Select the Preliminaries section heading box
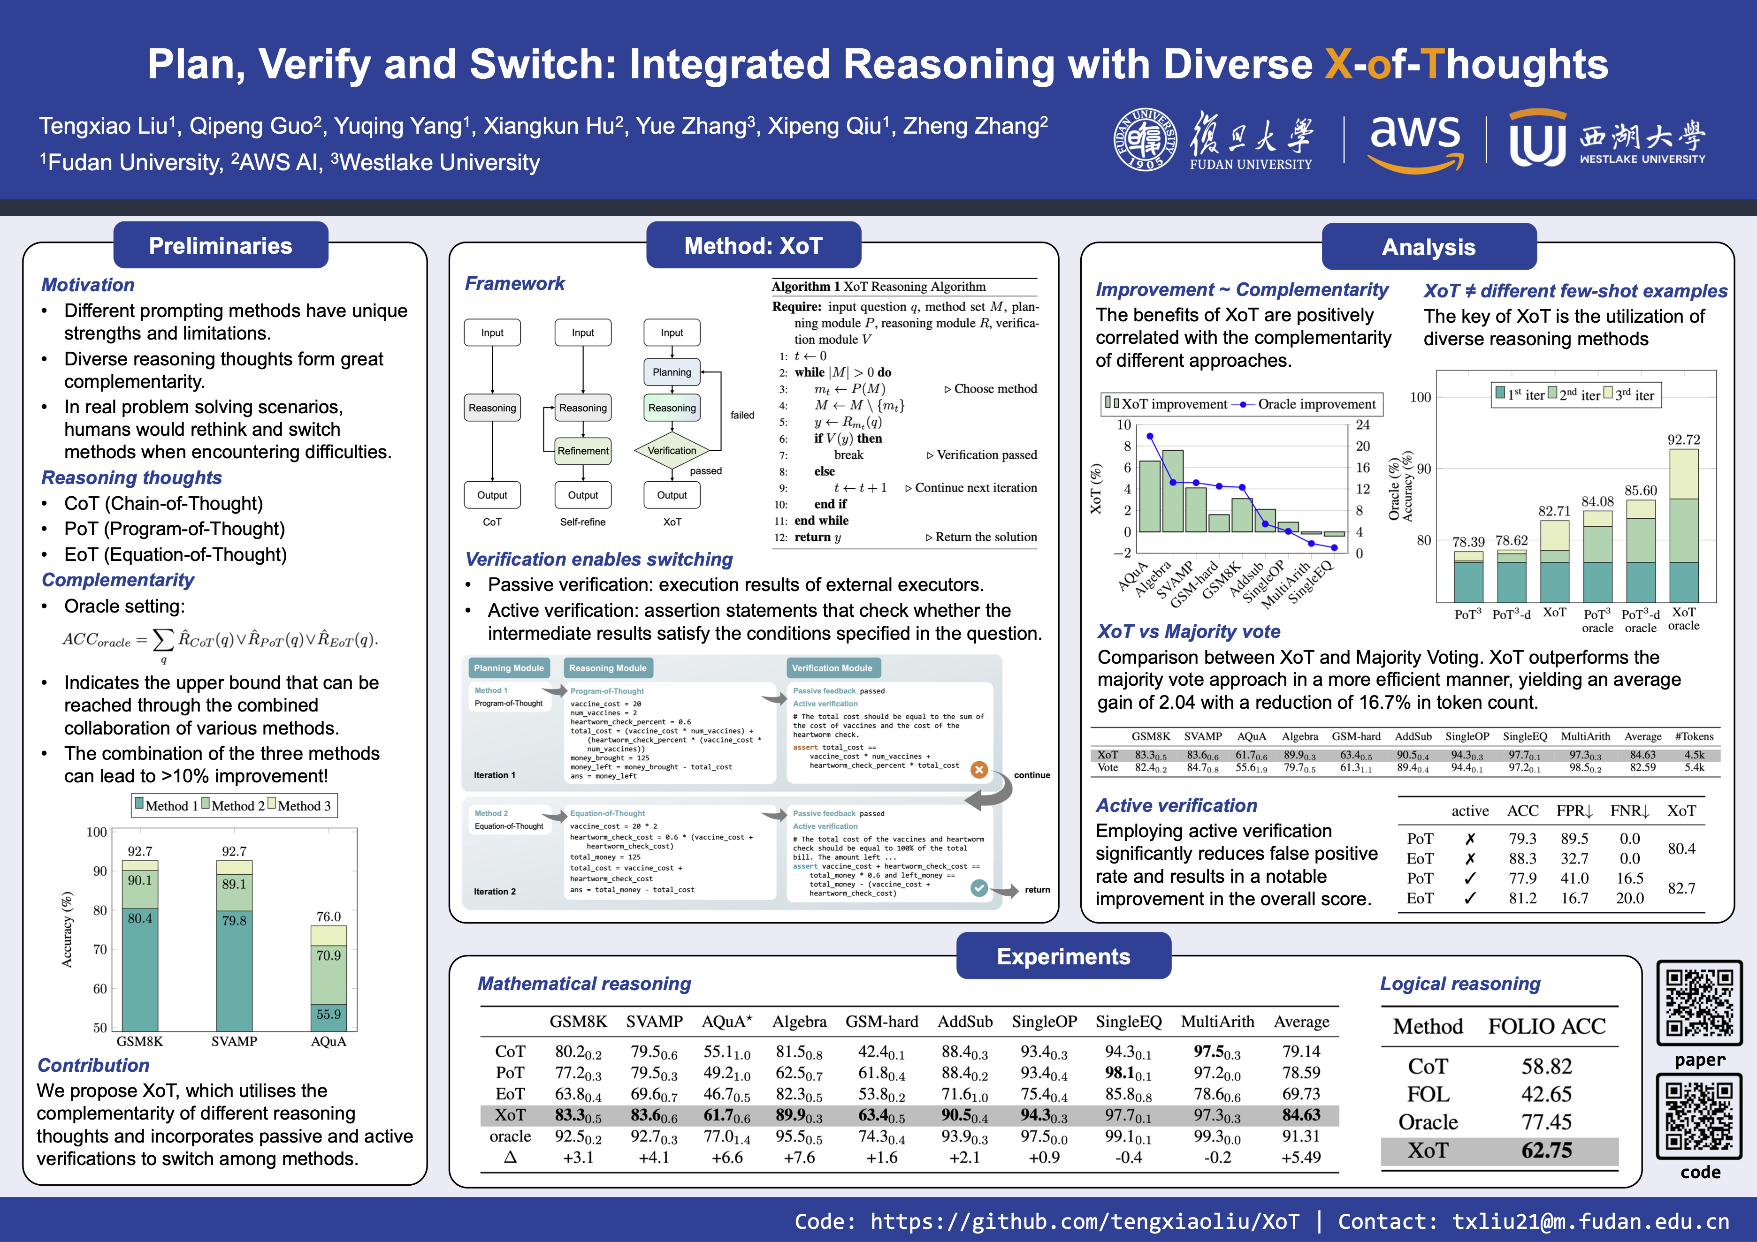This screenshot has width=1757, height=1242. (x=221, y=245)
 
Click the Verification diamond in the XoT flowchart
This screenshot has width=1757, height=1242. (x=672, y=450)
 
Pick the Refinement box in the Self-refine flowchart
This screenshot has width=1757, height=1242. (x=583, y=450)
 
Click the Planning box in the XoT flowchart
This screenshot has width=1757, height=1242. (x=672, y=372)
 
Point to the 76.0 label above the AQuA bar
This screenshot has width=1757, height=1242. (x=328, y=916)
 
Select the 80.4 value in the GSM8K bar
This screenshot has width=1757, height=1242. (x=140, y=918)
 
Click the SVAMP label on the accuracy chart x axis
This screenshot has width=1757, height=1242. (x=234, y=1042)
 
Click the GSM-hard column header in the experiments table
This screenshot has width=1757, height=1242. (x=882, y=1022)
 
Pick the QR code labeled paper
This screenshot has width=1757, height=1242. (x=1700, y=1003)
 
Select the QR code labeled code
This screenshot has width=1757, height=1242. (x=1700, y=1117)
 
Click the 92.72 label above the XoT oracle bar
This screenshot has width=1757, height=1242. (x=1683, y=440)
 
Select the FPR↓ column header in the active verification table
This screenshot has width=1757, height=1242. (x=1575, y=810)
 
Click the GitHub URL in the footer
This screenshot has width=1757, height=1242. (x=1085, y=1221)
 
